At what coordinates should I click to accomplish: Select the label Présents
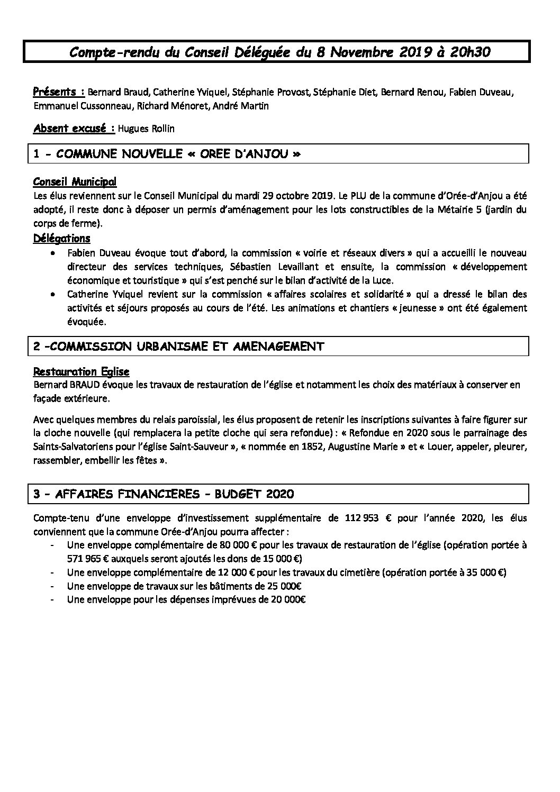coord(55,92)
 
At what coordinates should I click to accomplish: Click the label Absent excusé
coord(69,128)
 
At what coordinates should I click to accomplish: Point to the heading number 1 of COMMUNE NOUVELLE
coord(37,154)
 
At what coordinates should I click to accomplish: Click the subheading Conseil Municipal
coord(75,182)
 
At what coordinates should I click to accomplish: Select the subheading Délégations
coord(61,239)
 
